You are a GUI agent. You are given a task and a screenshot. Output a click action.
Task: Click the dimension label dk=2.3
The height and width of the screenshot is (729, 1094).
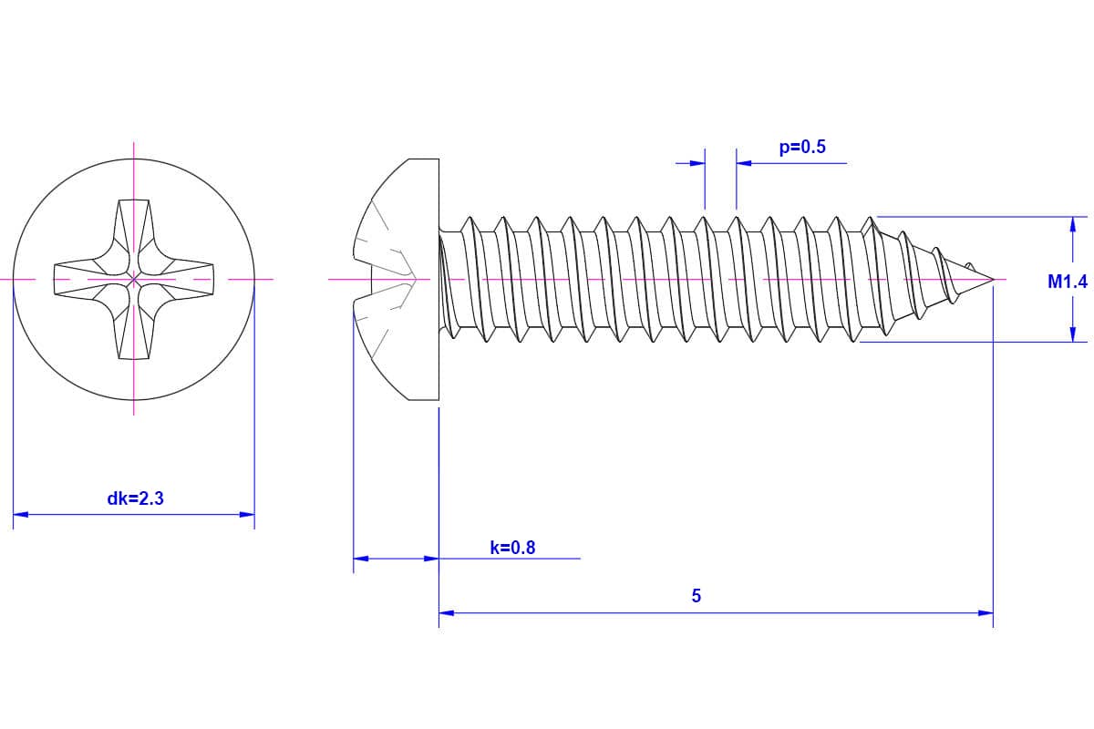(135, 498)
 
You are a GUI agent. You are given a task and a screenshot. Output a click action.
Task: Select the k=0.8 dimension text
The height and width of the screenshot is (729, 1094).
(512, 548)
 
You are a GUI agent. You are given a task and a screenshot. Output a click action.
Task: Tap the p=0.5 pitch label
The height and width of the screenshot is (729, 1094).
(802, 147)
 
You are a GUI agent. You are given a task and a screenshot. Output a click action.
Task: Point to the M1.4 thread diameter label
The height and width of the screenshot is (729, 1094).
(1067, 282)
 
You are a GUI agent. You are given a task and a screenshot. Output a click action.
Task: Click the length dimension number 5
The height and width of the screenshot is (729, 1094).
(697, 596)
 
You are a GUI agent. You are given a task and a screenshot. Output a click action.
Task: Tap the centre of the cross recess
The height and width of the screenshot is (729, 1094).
(134, 277)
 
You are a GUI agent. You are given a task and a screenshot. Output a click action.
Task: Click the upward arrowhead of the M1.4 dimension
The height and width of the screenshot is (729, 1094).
(1073, 223)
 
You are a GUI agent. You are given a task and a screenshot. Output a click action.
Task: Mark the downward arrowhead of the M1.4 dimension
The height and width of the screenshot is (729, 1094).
(1073, 335)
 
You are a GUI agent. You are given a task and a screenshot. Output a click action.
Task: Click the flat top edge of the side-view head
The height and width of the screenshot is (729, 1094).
(423, 159)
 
